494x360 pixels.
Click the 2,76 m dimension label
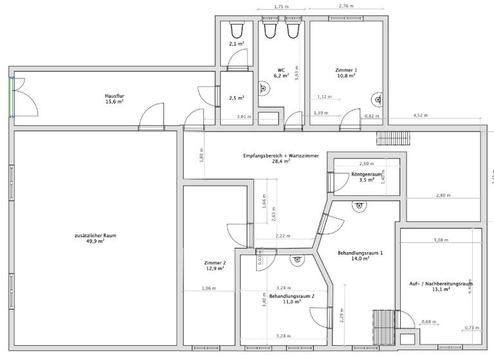(x=345, y=6)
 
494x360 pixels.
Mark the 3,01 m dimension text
(x=244, y=116)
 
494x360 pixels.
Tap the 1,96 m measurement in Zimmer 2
(x=209, y=288)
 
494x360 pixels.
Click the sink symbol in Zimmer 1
(x=378, y=99)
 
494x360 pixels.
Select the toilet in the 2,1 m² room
(x=236, y=29)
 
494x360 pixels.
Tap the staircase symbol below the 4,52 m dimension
(x=388, y=138)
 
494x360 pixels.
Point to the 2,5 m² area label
(x=236, y=98)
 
